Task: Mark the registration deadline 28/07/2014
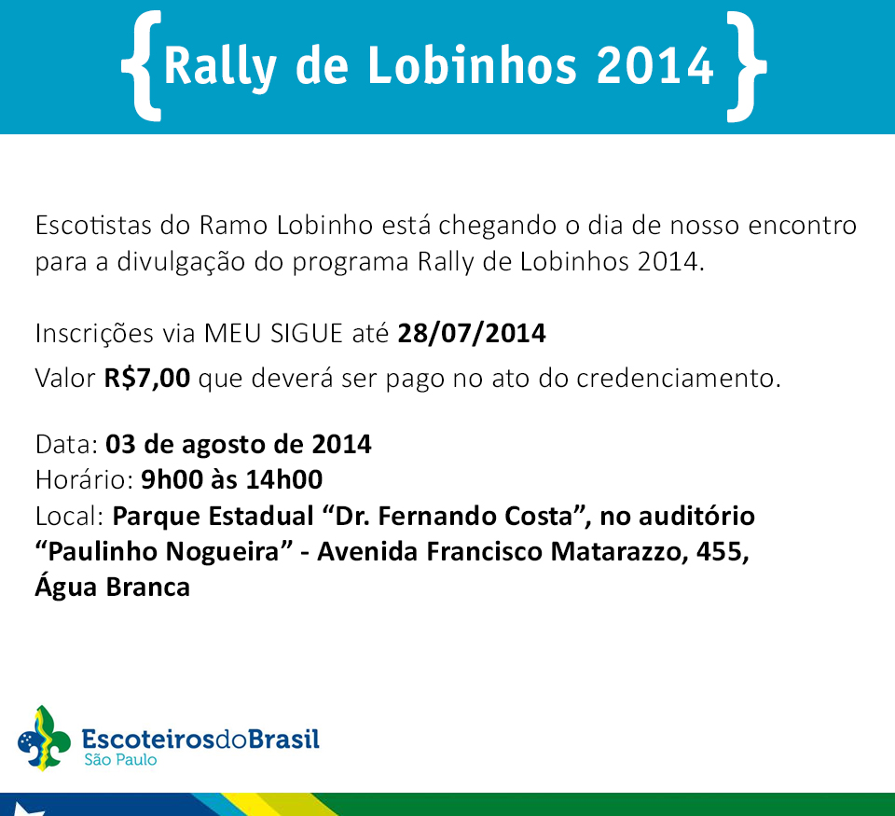pos(472,333)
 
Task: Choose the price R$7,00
pos(147,379)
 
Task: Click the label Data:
pos(67,444)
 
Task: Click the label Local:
pos(70,516)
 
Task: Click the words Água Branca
pos(112,587)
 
